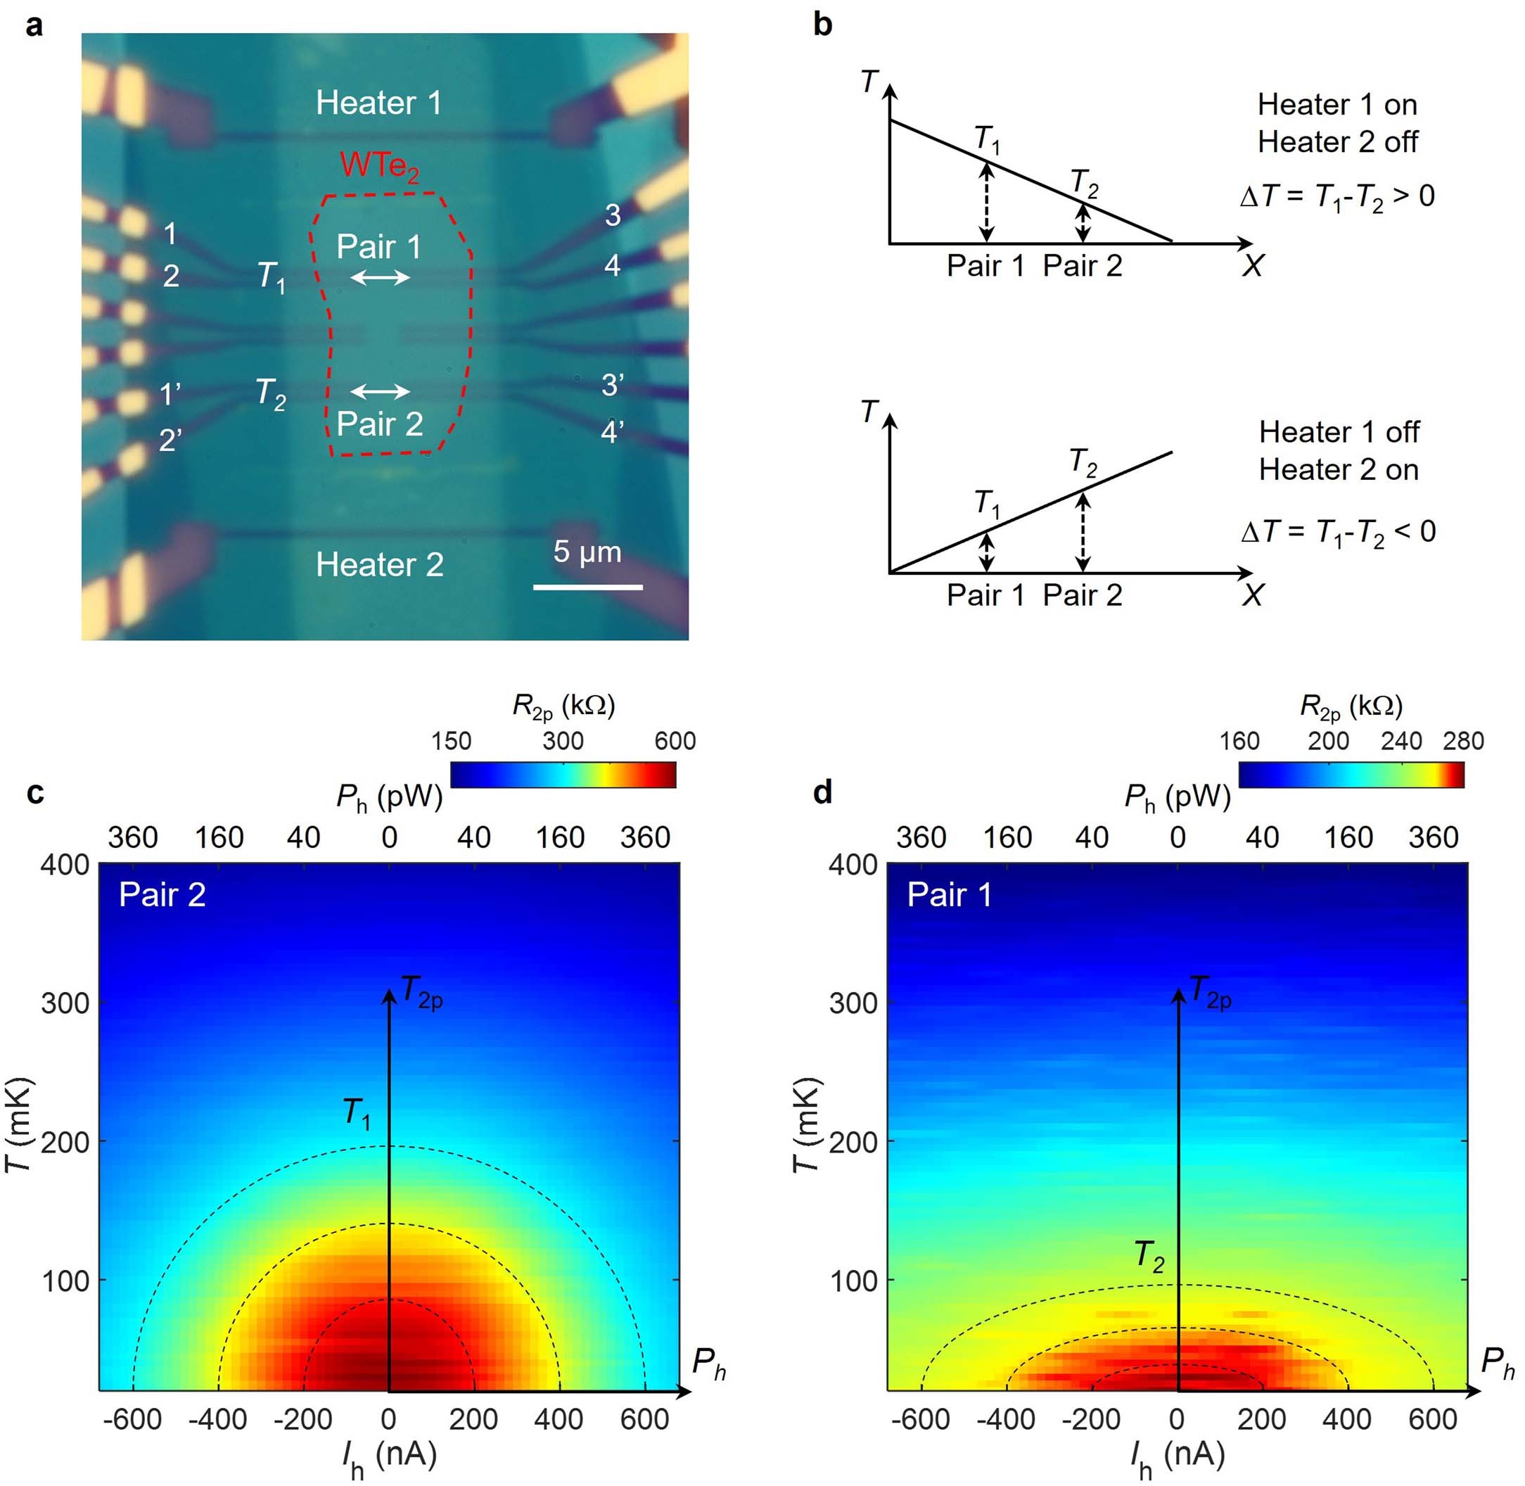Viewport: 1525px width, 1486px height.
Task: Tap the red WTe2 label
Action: [378, 165]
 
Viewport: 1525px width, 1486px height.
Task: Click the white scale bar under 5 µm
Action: [587, 586]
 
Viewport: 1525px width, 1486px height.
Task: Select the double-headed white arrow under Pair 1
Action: [380, 277]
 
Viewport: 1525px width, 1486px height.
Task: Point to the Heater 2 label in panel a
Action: [379, 564]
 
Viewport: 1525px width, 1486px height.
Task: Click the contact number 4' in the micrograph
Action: [611, 431]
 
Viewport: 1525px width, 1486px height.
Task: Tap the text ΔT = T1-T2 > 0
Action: [1337, 196]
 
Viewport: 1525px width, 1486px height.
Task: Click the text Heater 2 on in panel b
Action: [1338, 470]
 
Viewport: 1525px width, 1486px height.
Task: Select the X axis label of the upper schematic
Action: [1252, 266]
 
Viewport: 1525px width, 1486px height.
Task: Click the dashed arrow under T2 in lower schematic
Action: [1082, 531]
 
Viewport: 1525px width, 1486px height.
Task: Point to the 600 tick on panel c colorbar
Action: [675, 740]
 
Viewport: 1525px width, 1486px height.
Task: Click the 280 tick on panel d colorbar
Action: [1462, 740]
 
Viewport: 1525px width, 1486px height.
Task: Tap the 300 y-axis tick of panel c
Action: [65, 1002]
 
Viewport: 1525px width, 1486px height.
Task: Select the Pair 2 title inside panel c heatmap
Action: [162, 894]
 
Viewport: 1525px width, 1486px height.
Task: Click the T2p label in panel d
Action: [1209, 993]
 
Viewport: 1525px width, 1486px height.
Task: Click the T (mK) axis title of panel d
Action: [807, 1124]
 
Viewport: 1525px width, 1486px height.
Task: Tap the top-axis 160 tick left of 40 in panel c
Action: [219, 837]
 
